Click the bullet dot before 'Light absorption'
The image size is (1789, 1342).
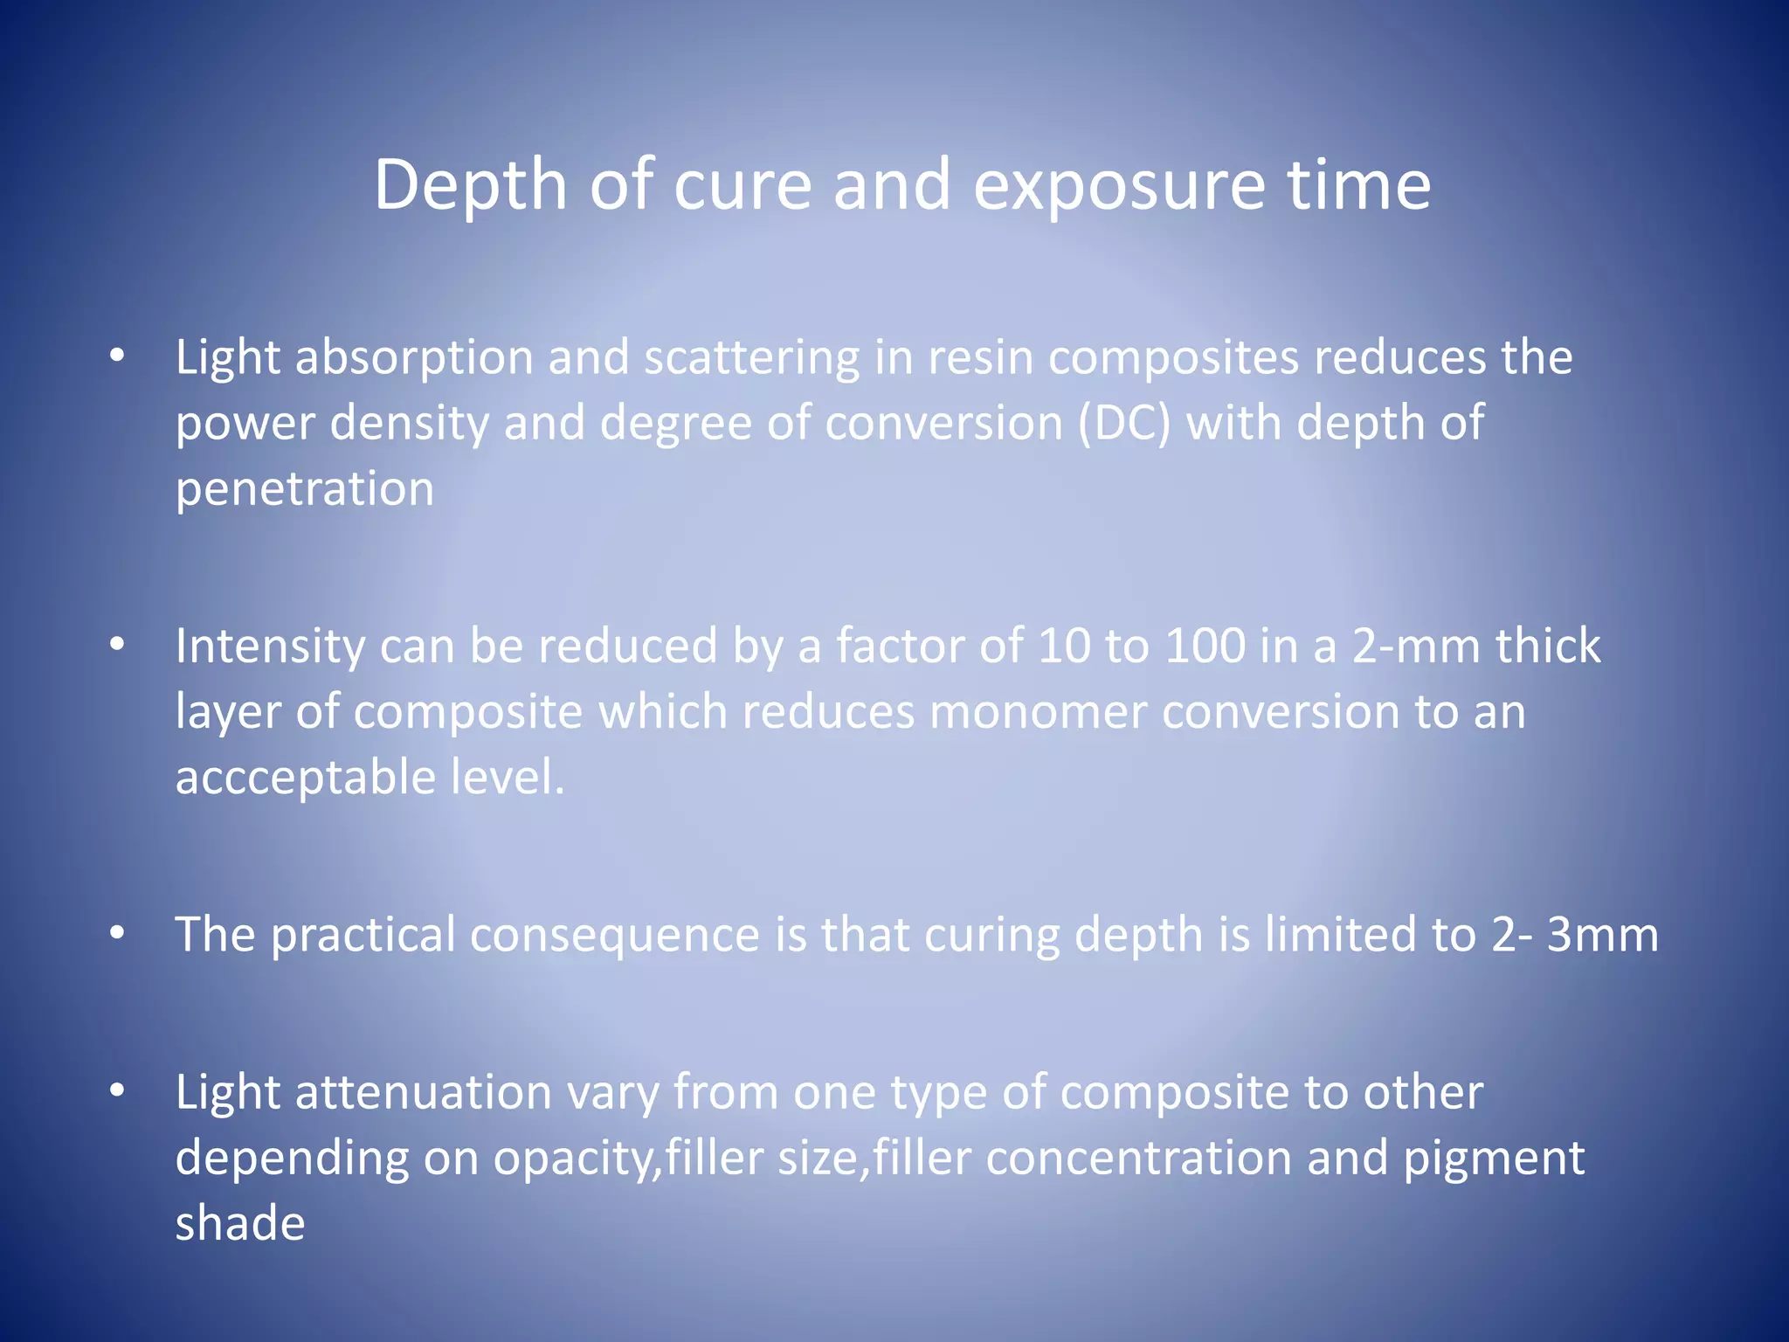(117, 356)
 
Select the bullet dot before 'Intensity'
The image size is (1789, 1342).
(117, 645)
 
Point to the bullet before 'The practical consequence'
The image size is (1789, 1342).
(117, 932)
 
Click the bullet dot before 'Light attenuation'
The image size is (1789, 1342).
(117, 1090)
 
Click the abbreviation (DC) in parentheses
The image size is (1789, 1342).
(1123, 424)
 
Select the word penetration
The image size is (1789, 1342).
(305, 489)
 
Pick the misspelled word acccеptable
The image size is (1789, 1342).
(306, 778)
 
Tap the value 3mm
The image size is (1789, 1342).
(1602, 935)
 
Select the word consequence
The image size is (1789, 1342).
(615, 935)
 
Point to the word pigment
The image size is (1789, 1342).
(1494, 1159)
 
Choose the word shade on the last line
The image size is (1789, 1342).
(240, 1223)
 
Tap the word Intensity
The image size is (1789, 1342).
(270, 647)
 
